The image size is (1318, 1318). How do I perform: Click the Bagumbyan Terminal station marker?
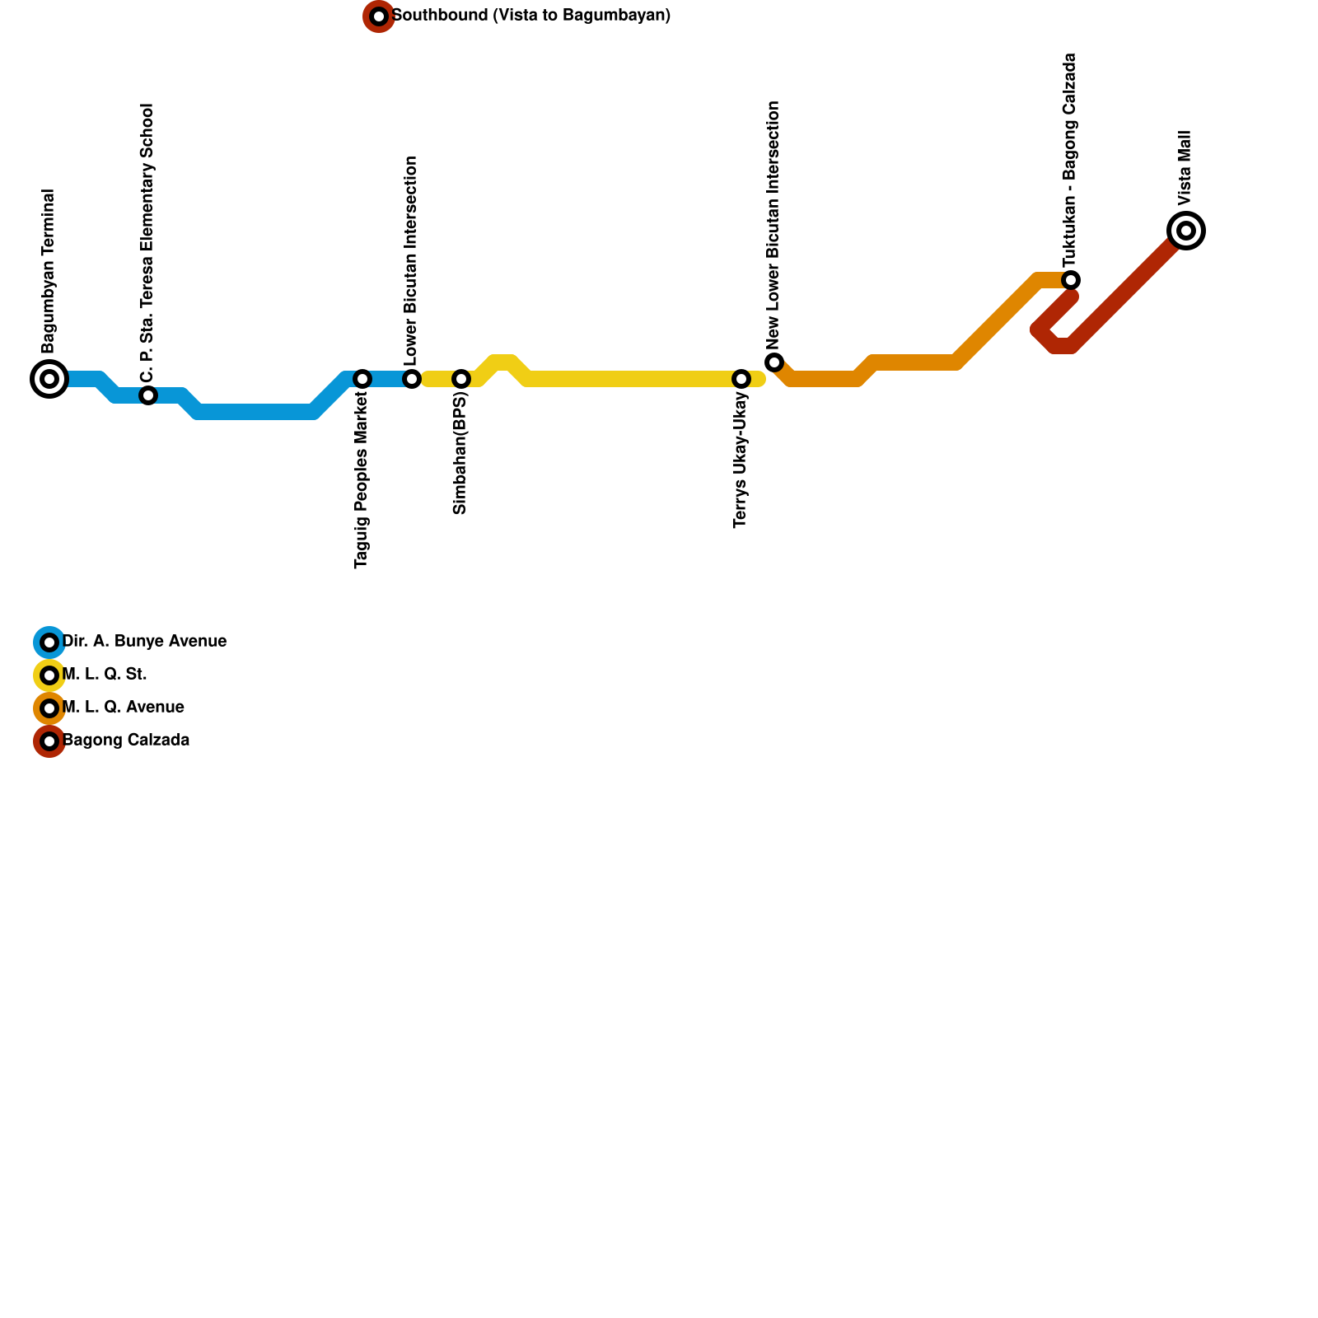point(49,379)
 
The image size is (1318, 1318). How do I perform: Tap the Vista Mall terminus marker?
point(1186,231)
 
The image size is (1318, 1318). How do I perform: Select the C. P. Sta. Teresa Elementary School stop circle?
point(148,395)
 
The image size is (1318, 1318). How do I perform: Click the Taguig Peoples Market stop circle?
point(362,379)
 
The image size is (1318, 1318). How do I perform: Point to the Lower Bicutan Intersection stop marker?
point(412,379)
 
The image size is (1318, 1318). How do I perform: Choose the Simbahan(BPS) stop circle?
point(461,379)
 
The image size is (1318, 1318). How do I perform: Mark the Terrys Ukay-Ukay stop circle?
point(741,379)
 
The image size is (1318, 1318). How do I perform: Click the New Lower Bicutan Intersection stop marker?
point(774,362)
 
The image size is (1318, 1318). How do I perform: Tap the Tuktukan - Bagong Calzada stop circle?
point(1071,280)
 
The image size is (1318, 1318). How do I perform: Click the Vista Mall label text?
point(1185,168)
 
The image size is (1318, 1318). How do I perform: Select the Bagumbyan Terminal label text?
point(49,272)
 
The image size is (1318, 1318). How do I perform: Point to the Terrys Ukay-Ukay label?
point(741,460)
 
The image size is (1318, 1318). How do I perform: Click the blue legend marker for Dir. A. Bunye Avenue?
point(49,643)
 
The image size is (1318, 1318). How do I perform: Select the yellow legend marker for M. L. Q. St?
point(49,675)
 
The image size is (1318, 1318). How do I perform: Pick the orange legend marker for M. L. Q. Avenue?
point(49,708)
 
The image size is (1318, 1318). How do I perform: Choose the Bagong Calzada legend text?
point(126,741)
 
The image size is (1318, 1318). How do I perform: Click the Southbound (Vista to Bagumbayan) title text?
point(531,16)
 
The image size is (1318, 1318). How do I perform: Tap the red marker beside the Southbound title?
point(379,16)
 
